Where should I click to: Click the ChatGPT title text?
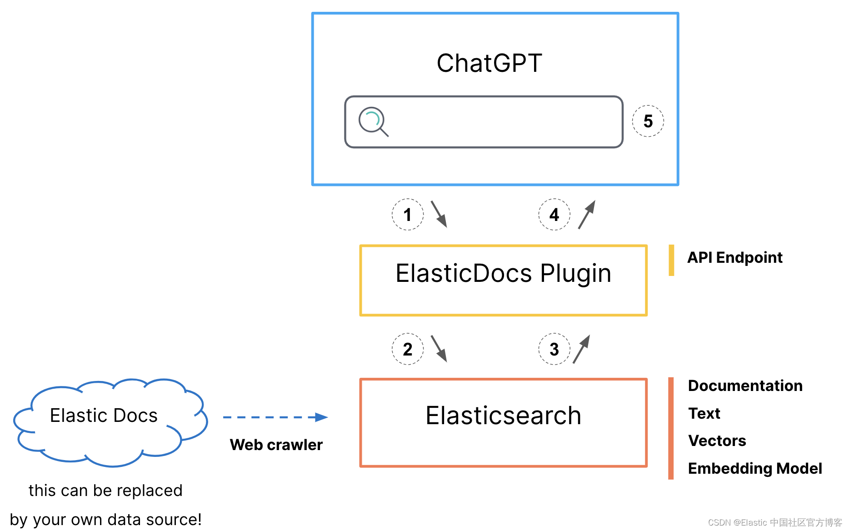489,63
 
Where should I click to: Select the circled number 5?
648,121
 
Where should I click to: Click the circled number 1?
408,214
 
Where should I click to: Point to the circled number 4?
554,214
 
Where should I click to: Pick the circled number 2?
408,349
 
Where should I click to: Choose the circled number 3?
554,349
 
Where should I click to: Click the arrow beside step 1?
439,214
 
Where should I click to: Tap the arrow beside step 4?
587,215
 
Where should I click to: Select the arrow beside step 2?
439,349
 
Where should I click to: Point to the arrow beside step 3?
581,349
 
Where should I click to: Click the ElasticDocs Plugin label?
503,274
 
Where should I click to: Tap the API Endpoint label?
734,257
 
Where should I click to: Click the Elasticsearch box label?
503,416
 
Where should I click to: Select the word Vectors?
717,441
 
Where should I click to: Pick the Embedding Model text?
755,468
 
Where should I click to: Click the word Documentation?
745,386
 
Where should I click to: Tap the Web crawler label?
276,445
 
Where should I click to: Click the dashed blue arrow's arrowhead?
321,417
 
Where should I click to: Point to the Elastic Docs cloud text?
104,416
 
